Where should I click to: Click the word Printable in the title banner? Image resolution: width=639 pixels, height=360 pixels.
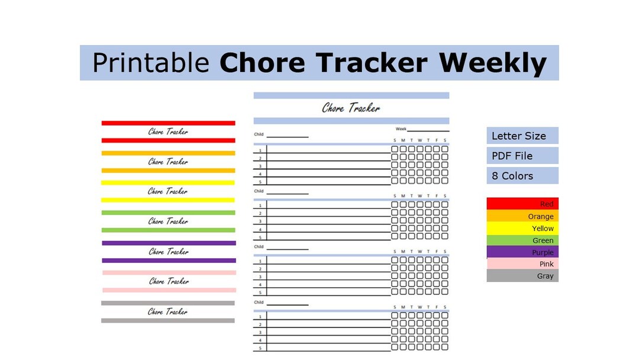[x=150, y=63]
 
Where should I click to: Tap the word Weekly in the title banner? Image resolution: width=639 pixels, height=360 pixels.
[x=493, y=63]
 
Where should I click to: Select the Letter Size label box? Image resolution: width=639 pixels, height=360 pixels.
[x=522, y=136]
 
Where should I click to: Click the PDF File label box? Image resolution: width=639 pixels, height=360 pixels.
[x=522, y=156]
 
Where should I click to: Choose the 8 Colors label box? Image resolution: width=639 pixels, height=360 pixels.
[x=522, y=176]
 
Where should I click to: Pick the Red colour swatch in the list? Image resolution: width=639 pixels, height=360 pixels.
[x=522, y=204]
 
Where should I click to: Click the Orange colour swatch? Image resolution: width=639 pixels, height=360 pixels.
[x=522, y=216]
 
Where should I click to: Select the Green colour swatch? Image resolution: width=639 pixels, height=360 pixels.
[x=522, y=240]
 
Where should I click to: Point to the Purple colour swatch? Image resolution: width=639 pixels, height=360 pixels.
[x=522, y=252]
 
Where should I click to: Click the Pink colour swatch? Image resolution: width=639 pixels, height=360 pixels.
[x=522, y=264]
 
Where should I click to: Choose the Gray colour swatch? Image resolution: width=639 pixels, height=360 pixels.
[x=522, y=276]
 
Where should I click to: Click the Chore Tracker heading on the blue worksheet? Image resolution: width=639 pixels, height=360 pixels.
[x=351, y=108]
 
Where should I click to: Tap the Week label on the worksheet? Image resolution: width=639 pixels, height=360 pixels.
[x=401, y=128]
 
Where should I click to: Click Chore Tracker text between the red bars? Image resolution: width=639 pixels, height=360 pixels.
[x=168, y=131]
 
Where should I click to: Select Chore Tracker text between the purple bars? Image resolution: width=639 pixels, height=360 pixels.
[x=168, y=251]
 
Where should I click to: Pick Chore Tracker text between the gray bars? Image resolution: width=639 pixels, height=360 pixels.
[x=168, y=311]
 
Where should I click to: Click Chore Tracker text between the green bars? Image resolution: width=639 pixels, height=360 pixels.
[x=168, y=221]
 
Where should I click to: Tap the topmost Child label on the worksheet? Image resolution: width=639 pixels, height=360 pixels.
[x=259, y=134]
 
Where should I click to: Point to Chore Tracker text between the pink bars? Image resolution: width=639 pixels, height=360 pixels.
[x=168, y=281]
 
